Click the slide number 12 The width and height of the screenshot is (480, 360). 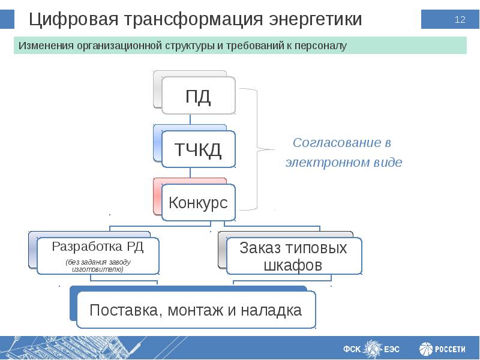click(x=460, y=20)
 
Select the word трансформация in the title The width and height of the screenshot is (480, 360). click(x=194, y=20)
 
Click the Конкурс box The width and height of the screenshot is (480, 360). click(x=198, y=203)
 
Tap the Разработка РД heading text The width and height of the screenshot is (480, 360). click(x=97, y=246)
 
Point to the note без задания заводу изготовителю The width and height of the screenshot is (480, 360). click(x=98, y=266)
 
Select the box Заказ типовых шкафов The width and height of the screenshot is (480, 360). click(x=293, y=256)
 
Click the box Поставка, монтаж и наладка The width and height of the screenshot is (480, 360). click(x=195, y=310)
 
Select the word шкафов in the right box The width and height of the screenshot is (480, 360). click(x=293, y=265)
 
